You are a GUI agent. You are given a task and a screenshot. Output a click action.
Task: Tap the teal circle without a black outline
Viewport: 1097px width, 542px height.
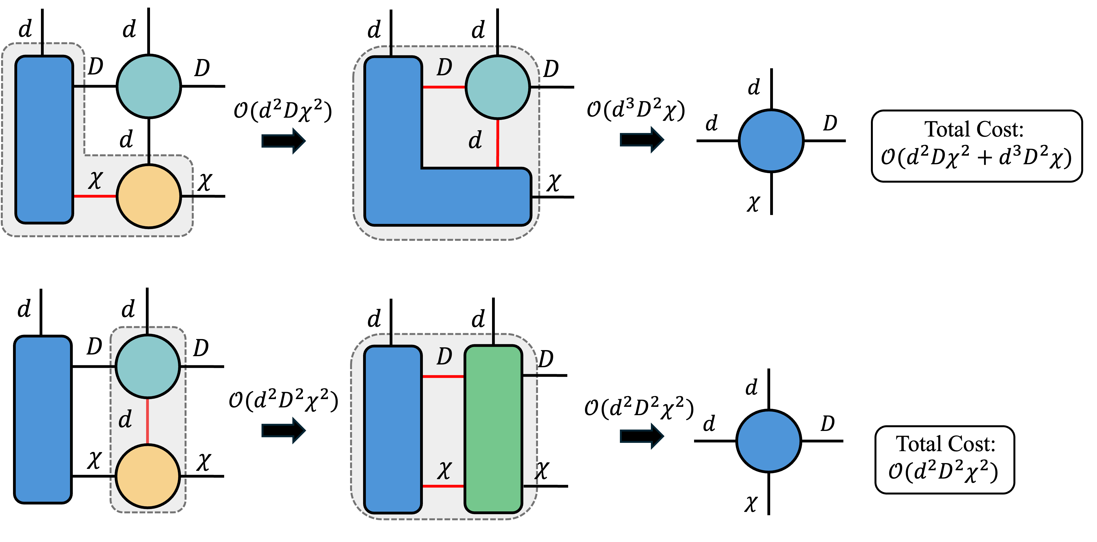149,86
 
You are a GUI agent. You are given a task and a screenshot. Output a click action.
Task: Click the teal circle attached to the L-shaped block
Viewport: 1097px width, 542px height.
497,87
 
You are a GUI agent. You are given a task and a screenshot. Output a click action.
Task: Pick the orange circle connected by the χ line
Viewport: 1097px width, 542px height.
149,196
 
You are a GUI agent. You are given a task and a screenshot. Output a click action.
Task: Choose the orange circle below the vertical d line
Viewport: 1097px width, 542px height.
147,476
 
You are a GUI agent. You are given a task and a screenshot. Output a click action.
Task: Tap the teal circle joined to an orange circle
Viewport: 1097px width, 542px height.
147,366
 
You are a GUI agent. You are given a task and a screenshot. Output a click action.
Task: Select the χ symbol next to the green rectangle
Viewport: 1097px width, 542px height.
444,471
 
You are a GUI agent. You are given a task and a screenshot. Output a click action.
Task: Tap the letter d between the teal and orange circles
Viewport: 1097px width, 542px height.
125,420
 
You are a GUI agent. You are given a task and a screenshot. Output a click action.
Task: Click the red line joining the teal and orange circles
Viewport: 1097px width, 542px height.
147,422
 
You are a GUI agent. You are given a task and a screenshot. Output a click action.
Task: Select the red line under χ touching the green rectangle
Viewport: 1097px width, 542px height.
443,486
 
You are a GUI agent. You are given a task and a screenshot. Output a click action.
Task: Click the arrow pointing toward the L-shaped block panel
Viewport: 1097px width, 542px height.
283,140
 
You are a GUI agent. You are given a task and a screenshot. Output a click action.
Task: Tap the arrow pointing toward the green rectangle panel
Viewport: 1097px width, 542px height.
283,430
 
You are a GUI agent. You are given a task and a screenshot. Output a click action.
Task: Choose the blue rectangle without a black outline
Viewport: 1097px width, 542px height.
43,419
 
